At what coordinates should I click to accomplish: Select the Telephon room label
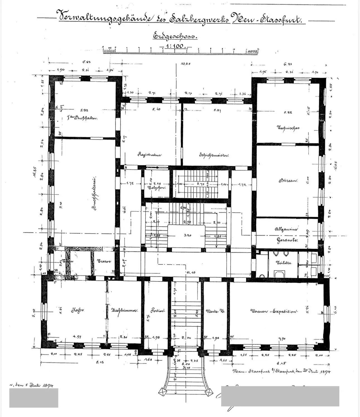[156, 188]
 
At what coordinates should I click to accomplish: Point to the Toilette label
[284, 263]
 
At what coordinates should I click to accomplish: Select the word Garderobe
[287, 240]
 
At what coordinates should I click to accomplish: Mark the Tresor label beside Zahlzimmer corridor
[104, 261]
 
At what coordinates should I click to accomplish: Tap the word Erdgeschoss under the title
[175, 36]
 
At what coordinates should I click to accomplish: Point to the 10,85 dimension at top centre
[185, 64]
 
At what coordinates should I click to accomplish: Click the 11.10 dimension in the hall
[191, 272]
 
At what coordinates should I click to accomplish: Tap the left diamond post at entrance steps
[162, 392]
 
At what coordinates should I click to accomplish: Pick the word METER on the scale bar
[251, 51]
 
